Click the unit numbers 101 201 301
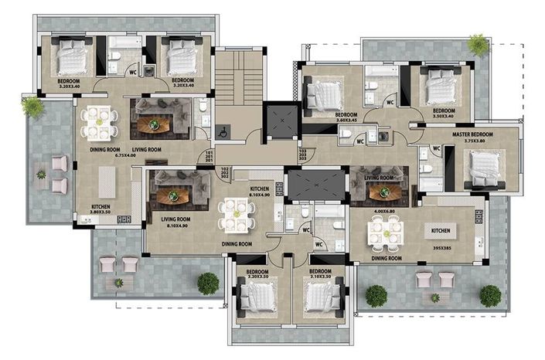tap(208, 158)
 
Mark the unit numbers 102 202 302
tap(227, 174)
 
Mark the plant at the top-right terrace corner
tap(478, 45)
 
